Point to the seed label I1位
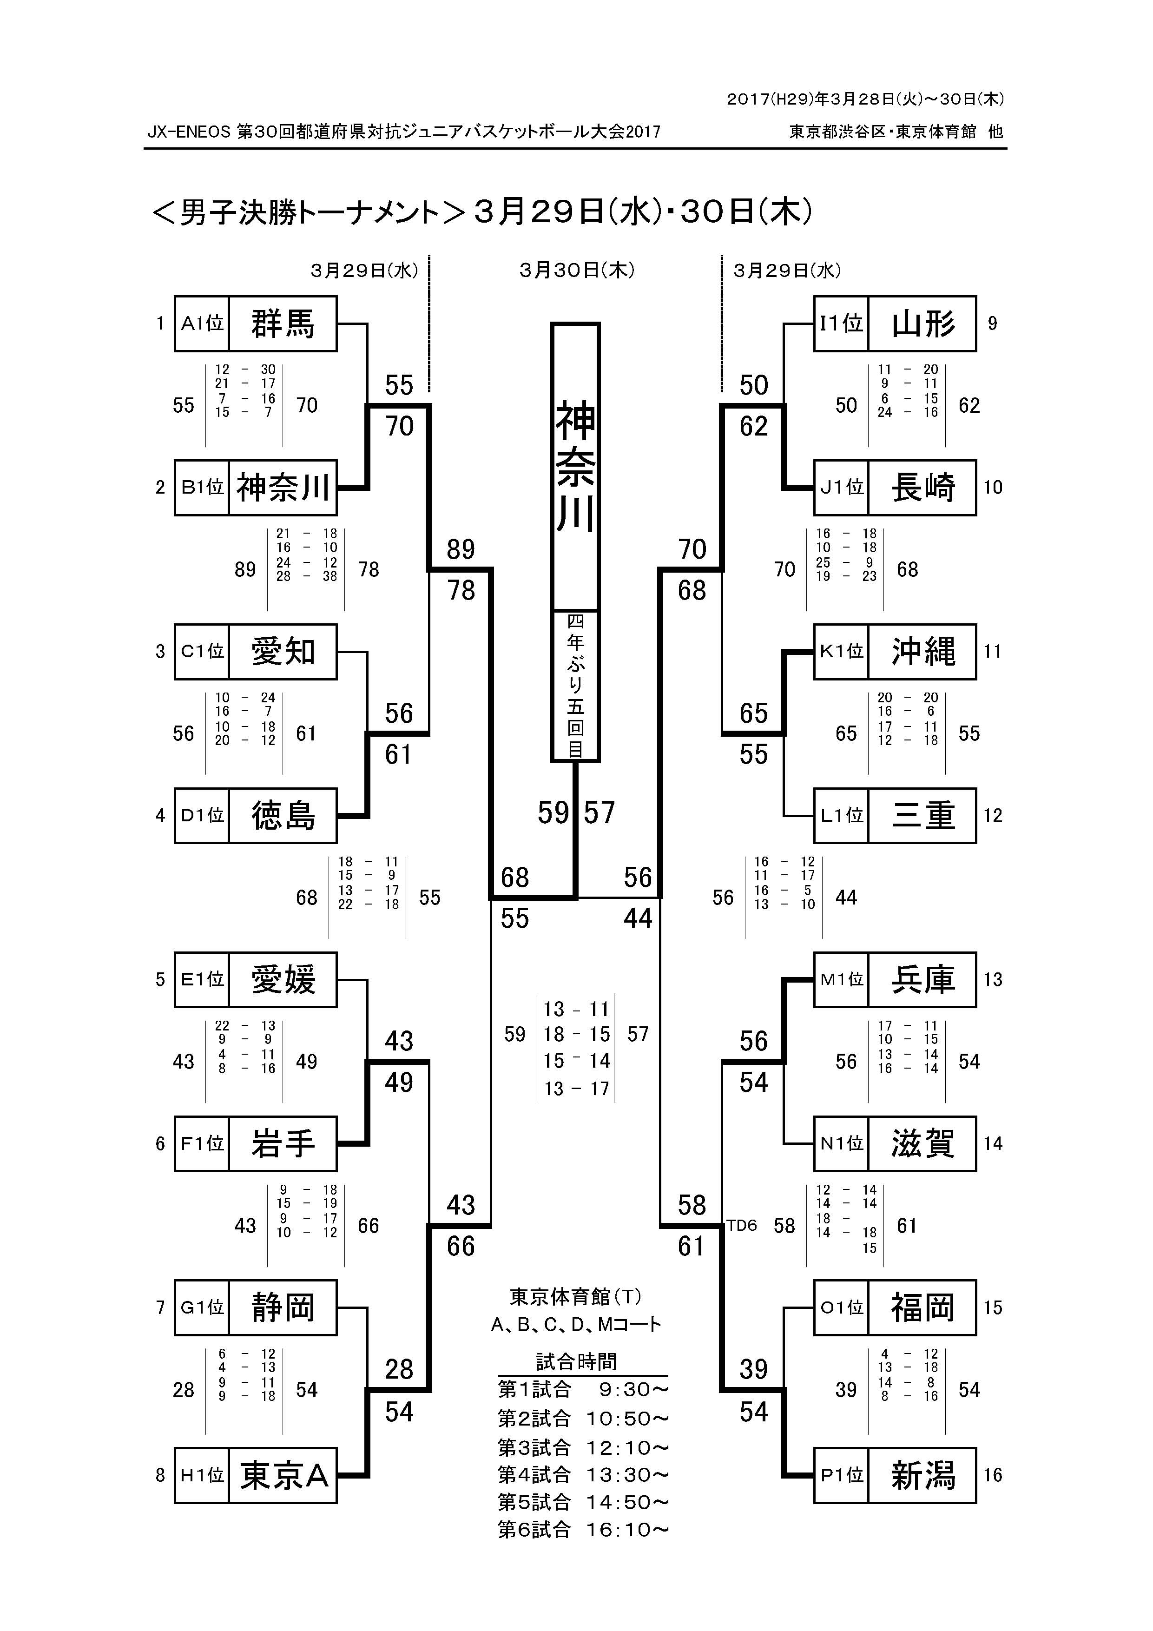tap(841, 324)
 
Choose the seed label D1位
tap(203, 815)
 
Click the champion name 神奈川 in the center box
tap(575, 466)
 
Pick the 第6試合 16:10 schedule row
tap(582, 1529)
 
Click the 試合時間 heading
tap(576, 1361)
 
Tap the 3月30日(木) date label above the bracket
tap(576, 270)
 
